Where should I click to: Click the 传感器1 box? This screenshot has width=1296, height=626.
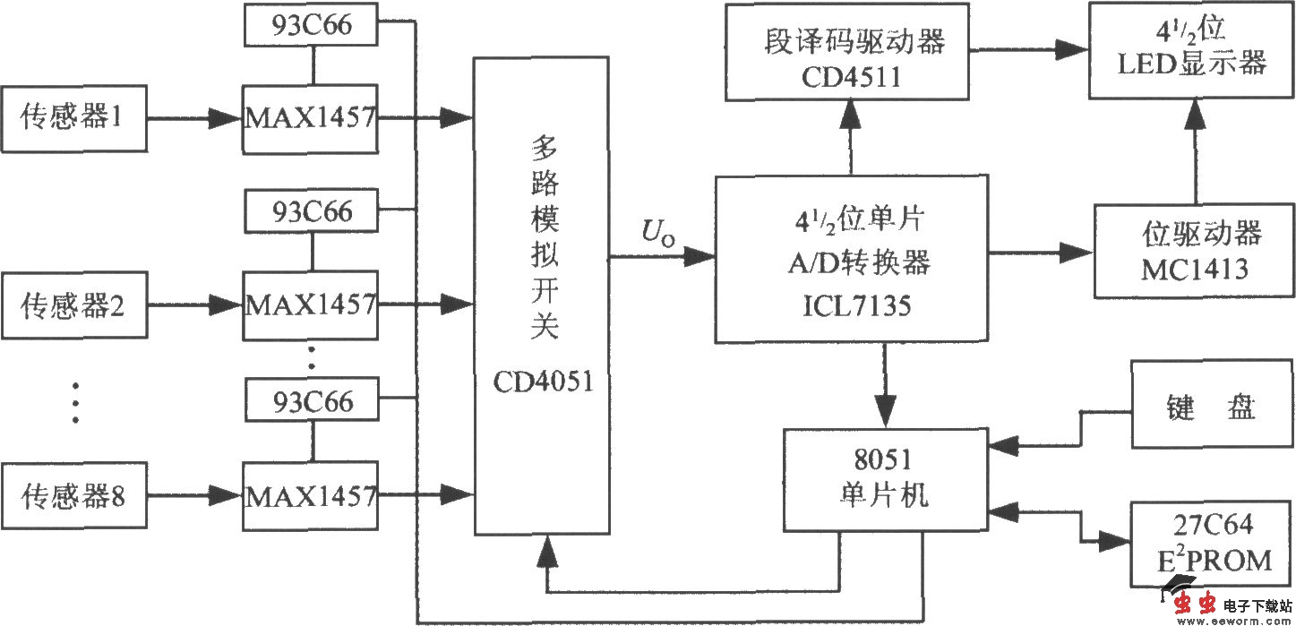[73, 118]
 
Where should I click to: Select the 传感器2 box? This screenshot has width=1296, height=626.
[73, 305]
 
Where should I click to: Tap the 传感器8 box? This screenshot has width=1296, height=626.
[73, 493]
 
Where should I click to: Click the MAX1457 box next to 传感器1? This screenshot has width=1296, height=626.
[311, 118]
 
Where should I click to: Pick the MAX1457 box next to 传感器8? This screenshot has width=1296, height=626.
[311, 493]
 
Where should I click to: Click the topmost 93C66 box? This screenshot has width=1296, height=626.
[311, 27]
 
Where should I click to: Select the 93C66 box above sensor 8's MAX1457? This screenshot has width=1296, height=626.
[311, 399]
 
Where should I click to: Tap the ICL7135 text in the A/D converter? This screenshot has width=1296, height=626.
[852, 306]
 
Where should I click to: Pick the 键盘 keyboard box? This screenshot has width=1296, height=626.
[1212, 405]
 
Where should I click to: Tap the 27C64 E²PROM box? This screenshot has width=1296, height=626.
[1212, 543]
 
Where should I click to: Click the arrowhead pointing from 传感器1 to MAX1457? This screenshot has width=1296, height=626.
[225, 118]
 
